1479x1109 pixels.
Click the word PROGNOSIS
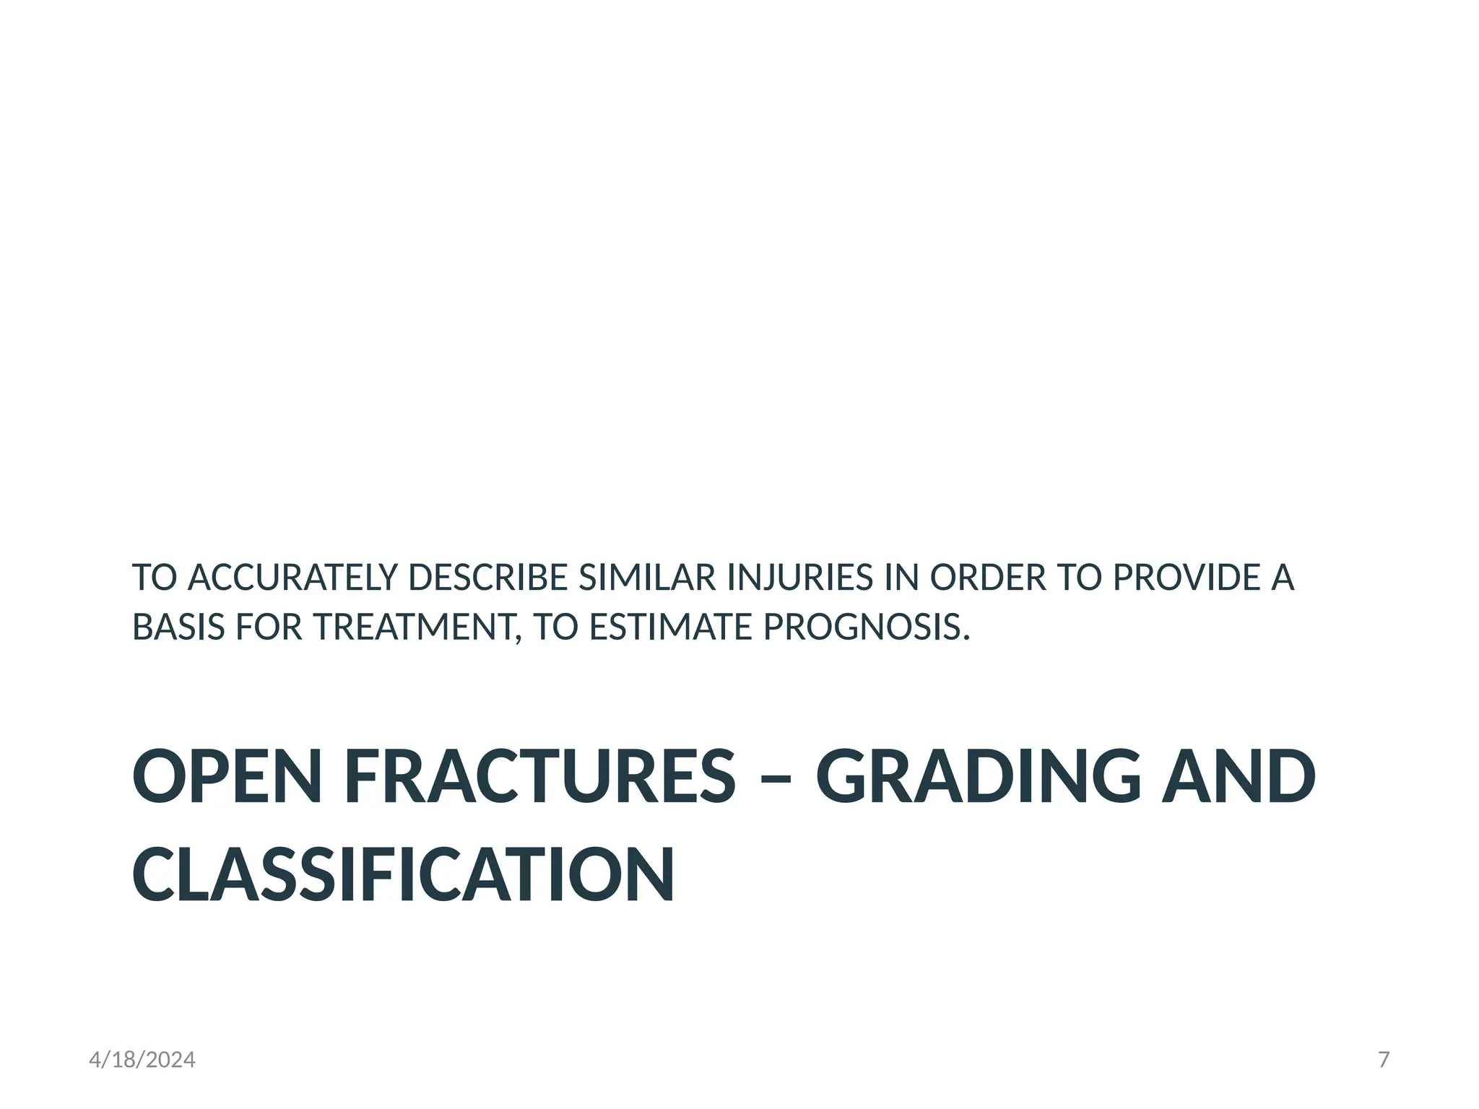coord(866,627)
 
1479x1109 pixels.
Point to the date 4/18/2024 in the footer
coord(142,1060)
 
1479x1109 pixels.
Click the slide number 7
coord(1384,1060)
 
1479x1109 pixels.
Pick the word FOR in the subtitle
coord(269,627)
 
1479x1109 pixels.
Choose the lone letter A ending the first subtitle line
coord(1283,578)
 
